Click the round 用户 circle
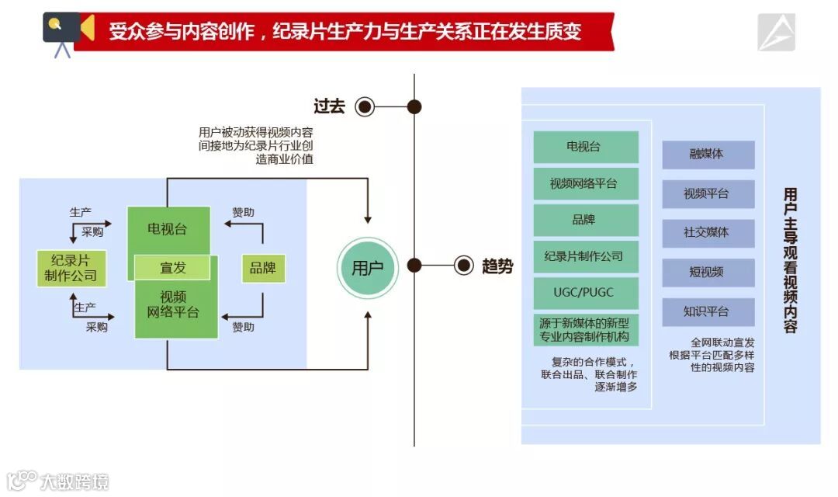click(367, 268)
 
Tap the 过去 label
click(329, 106)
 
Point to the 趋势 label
click(497, 266)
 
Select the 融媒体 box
click(708, 155)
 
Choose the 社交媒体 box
click(708, 232)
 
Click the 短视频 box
click(708, 272)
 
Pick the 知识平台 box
click(708, 311)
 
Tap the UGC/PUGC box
click(586, 293)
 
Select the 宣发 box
click(172, 268)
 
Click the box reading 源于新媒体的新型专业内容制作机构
click(586, 330)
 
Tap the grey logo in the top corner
click(776, 33)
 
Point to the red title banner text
click(345, 32)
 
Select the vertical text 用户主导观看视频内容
click(790, 260)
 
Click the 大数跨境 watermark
click(58, 481)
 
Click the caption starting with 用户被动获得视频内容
click(256, 146)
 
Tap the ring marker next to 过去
click(365, 106)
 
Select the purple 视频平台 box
click(708, 193)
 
